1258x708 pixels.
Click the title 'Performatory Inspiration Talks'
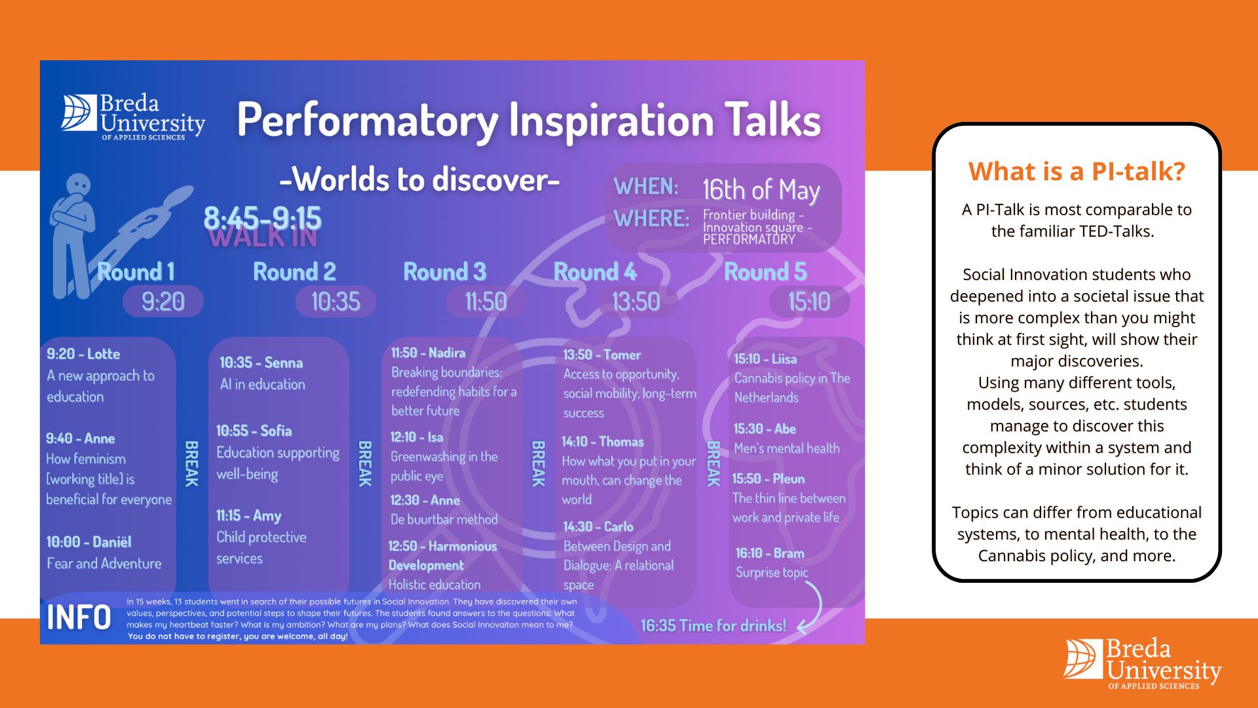pyautogui.click(x=528, y=121)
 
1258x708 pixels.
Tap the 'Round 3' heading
pyautogui.click(x=444, y=272)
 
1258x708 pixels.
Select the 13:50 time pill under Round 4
pyautogui.click(x=636, y=302)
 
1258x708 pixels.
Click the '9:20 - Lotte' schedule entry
pyautogui.click(x=83, y=354)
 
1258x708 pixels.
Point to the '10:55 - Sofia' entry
pyautogui.click(x=254, y=431)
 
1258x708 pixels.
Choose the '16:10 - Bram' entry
pyautogui.click(x=770, y=553)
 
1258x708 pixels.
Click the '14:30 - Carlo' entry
pyautogui.click(x=598, y=527)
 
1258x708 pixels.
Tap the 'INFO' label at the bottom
pyautogui.click(x=79, y=618)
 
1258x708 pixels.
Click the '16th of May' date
pyautogui.click(x=761, y=190)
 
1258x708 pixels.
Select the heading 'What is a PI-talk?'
pyautogui.click(x=1077, y=172)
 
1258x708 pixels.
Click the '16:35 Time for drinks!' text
pyautogui.click(x=713, y=626)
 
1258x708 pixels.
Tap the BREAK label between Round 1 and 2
pyautogui.click(x=191, y=463)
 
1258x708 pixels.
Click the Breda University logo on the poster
pyautogui.click(x=134, y=117)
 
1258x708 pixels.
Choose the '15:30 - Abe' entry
pyautogui.click(x=765, y=429)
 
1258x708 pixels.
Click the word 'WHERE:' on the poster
pyautogui.click(x=651, y=219)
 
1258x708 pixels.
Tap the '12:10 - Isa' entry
pyautogui.click(x=417, y=437)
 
